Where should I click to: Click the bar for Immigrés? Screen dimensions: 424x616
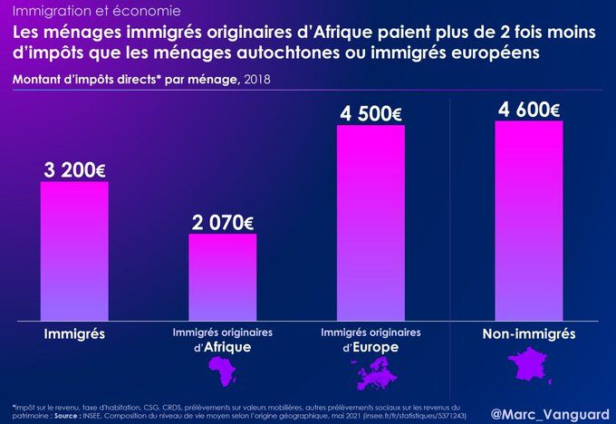[x=74, y=251]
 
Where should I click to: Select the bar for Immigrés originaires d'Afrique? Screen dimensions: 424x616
[x=223, y=276]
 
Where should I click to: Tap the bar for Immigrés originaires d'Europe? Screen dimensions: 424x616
[x=371, y=222]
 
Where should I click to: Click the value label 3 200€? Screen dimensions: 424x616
[x=74, y=169]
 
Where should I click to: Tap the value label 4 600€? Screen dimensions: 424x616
[x=529, y=109]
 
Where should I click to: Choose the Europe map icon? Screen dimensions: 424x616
[x=372, y=368]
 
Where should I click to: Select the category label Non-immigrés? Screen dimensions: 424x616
[x=529, y=334]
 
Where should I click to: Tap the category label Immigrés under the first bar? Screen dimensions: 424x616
[x=74, y=334]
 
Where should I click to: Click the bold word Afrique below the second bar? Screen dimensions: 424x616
[x=227, y=348]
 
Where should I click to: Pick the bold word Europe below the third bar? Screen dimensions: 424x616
[x=376, y=348]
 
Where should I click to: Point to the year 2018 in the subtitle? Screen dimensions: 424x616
[x=255, y=79]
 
